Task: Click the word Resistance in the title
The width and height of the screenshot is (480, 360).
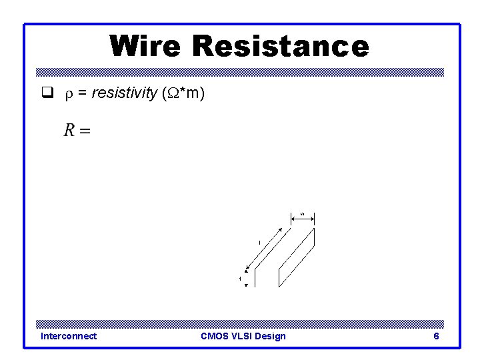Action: coord(280,47)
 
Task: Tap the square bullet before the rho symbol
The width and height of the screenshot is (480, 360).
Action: coord(47,94)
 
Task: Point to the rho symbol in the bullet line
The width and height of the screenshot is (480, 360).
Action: coord(67,95)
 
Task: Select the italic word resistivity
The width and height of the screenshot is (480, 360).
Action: coord(123,94)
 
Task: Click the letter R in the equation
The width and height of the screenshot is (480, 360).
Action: coord(69,130)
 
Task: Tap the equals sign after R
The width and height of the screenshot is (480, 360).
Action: coord(85,131)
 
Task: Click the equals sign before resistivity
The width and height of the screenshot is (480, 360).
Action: coord(82,94)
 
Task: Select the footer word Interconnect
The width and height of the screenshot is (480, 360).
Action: coord(69,336)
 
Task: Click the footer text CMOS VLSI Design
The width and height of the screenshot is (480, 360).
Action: coord(243,336)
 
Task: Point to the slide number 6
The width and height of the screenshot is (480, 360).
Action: coord(436,336)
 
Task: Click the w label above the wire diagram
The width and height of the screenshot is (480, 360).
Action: coord(302,213)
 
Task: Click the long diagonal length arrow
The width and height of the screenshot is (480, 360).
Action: coord(268,249)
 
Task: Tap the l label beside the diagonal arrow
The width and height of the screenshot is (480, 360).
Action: coord(259,243)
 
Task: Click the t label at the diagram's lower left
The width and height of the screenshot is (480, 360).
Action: coord(240,278)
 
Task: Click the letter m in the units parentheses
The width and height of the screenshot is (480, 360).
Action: coord(193,94)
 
